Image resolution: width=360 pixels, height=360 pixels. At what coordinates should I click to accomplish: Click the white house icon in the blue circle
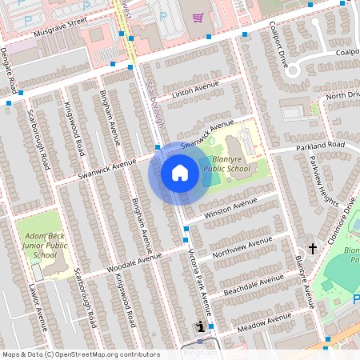(180, 173)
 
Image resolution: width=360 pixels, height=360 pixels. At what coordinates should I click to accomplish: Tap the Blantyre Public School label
(226, 163)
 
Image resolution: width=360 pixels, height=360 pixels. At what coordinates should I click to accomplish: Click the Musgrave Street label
(61, 33)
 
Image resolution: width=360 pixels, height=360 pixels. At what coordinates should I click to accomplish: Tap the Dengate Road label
(9, 70)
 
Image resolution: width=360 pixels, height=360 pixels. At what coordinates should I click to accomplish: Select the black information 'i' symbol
(199, 326)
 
